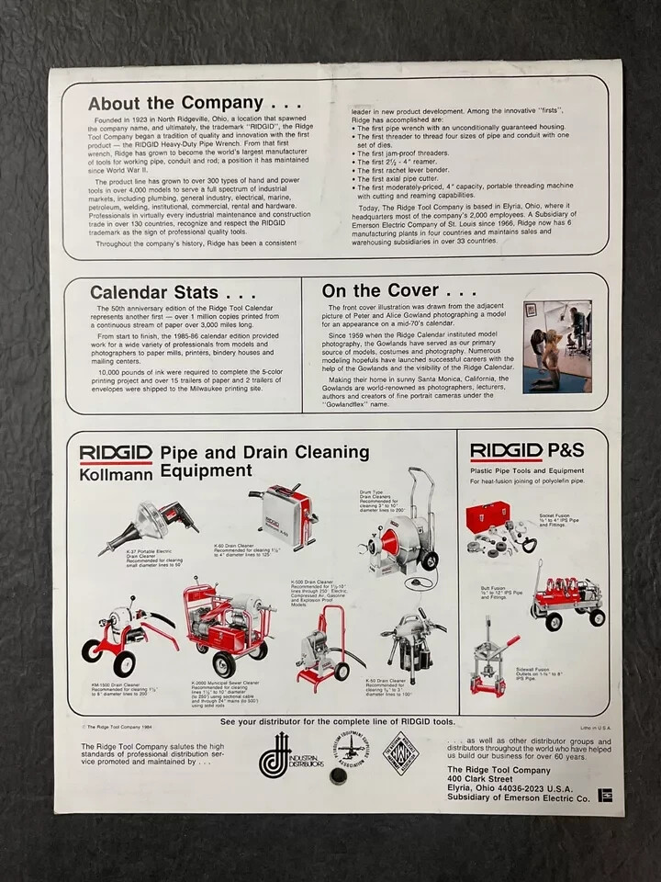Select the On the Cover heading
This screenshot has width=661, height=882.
[387, 291]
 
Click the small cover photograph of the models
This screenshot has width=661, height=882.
[557, 346]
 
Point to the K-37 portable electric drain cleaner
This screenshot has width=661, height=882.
[149, 527]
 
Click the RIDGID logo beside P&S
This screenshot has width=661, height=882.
[507, 451]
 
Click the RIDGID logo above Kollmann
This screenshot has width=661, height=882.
[116, 454]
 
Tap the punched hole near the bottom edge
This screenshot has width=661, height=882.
[338, 776]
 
